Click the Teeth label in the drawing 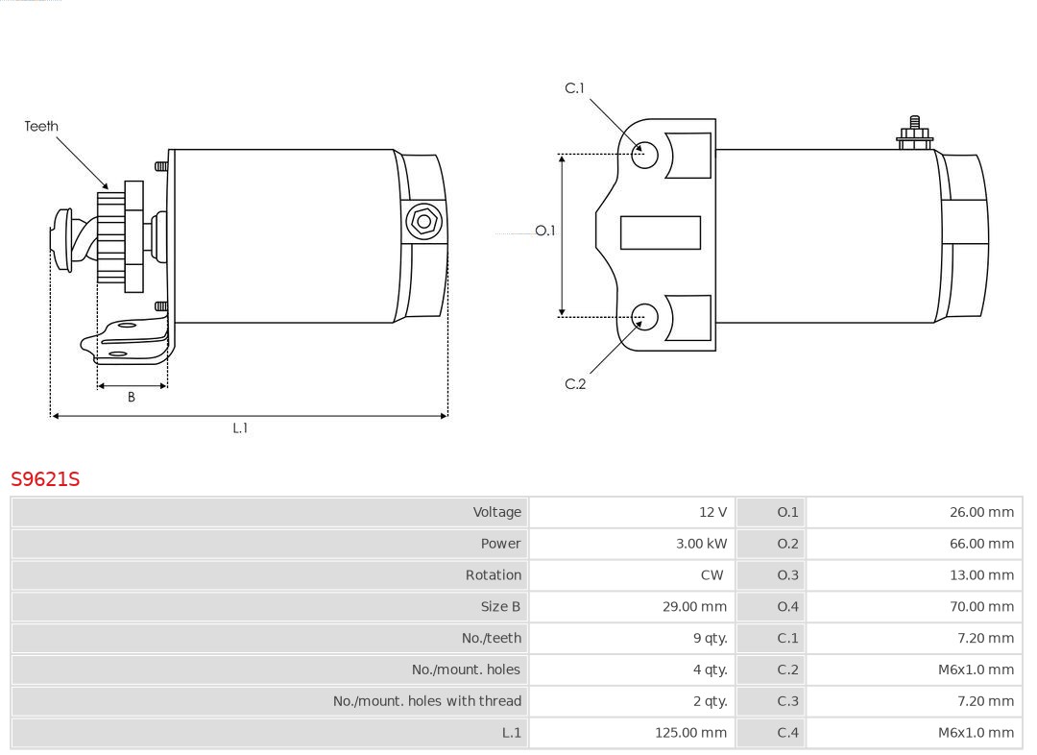(x=41, y=126)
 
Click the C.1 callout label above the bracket (x=574, y=88)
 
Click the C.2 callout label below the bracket (x=575, y=384)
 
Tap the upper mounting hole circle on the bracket (x=645, y=154)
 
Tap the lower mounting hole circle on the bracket (x=645, y=316)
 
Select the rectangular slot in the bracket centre (x=661, y=232)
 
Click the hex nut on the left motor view (x=423, y=222)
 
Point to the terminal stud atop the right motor (x=914, y=132)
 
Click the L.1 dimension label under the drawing (x=240, y=428)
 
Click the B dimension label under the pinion (x=132, y=397)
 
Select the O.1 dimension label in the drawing (x=544, y=231)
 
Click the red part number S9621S (x=45, y=478)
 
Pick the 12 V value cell (x=712, y=512)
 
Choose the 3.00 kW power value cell (x=701, y=544)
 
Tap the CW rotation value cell (x=711, y=575)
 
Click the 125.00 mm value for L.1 (x=690, y=733)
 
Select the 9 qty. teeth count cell (x=710, y=638)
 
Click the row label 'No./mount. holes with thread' (x=427, y=701)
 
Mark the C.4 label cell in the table (x=787, y=733)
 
